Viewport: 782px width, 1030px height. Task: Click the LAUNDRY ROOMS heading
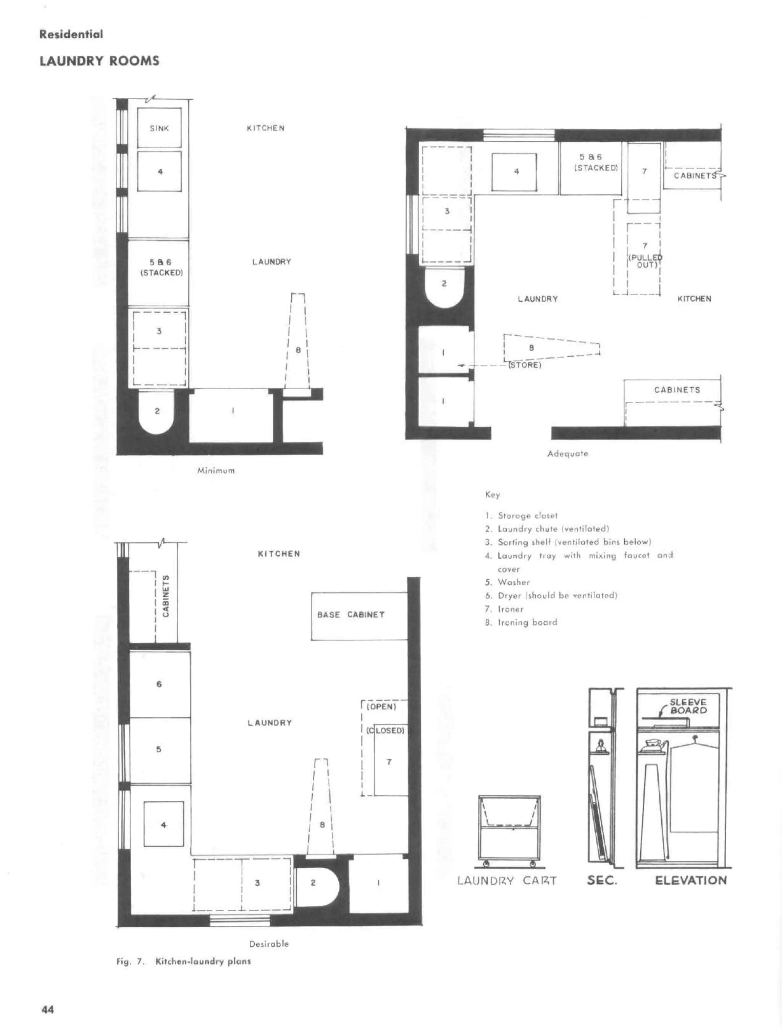pos(99,61)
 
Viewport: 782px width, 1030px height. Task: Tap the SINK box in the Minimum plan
pos(159,128)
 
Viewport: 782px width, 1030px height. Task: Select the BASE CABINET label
pos(351,614)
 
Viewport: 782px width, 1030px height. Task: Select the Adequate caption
pos(567,454)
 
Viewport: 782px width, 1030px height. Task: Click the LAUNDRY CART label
pos(507,881)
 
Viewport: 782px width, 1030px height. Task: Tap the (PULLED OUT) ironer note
pos(646,261)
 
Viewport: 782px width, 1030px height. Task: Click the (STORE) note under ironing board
pos(525,365)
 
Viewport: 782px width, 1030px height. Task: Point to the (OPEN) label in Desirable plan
pos(381,707)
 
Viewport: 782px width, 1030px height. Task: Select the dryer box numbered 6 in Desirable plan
pos(159,684)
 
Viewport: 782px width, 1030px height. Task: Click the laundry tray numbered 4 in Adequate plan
pos(514,172)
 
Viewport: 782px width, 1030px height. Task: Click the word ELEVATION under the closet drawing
pos(691,881)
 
